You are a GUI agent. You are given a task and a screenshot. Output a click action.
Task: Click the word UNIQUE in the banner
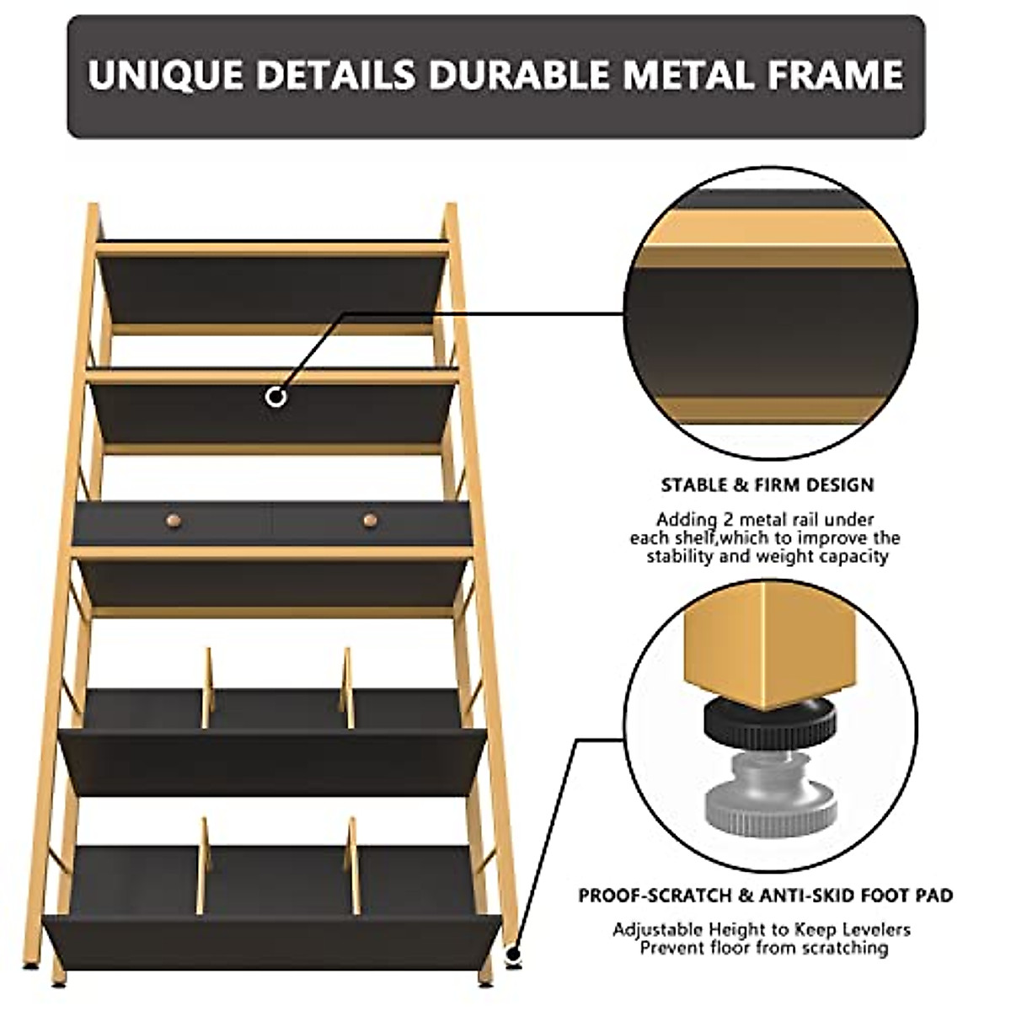[x=166, y=75]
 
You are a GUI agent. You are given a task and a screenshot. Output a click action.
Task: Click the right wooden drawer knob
[x=369, y=521]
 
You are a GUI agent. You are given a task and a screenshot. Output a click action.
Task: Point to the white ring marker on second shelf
[x=275, y=397]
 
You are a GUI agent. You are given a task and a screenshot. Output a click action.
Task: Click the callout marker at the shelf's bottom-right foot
[x=512, y=955]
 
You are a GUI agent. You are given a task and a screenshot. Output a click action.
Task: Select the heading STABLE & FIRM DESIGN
[x=768, y=485]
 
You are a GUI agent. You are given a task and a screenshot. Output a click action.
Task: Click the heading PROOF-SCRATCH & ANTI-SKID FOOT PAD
[x=765, y=895]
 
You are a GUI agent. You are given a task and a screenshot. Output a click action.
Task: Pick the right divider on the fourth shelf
[x=346, y=688]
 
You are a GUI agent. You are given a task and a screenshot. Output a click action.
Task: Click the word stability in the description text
[x=680, y=557]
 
